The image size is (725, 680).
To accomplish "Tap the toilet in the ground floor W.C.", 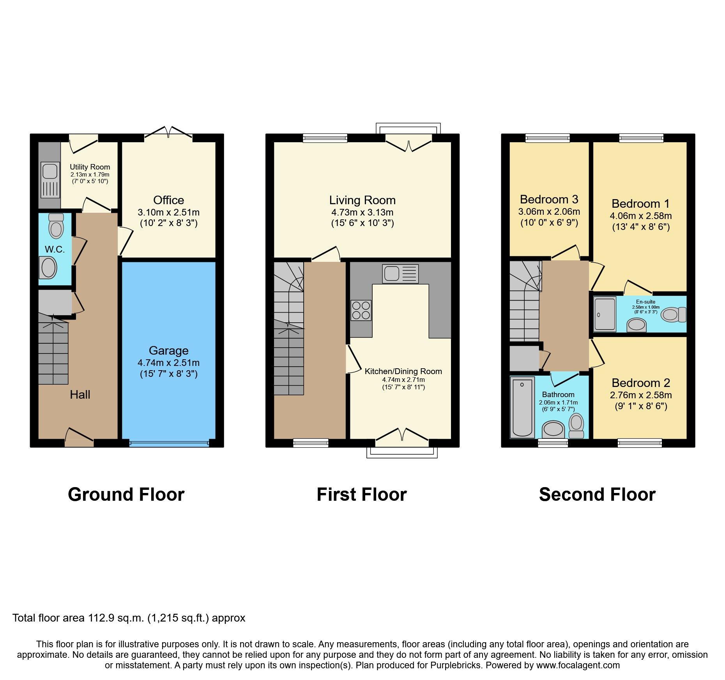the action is tap(56, 226).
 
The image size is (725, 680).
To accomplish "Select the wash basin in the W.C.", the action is tap(48, 268).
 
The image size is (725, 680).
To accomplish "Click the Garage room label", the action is tap(168, 351).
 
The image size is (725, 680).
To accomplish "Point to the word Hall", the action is tap(80, 395).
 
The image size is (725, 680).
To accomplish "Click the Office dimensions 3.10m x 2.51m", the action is tap(168, 212).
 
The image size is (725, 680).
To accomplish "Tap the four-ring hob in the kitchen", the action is tap(361, 310).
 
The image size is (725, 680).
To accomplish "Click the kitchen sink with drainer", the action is tap(400, 274).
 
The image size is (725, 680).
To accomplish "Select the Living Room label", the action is tap(362, 200).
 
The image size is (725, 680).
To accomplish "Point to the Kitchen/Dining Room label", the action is tap(403, 371).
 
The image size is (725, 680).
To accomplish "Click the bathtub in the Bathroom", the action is tap(522, 407).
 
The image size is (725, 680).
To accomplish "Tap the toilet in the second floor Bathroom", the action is tap(576, 426).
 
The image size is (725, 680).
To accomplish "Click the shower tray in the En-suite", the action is tap(605, 314).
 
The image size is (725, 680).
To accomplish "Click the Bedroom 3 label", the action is tap(549, 200).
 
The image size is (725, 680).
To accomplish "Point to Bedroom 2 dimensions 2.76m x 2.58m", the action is tap(641, 395).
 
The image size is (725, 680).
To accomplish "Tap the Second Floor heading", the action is tap(597, 495).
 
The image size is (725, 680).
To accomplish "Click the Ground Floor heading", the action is tap(126, 495).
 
